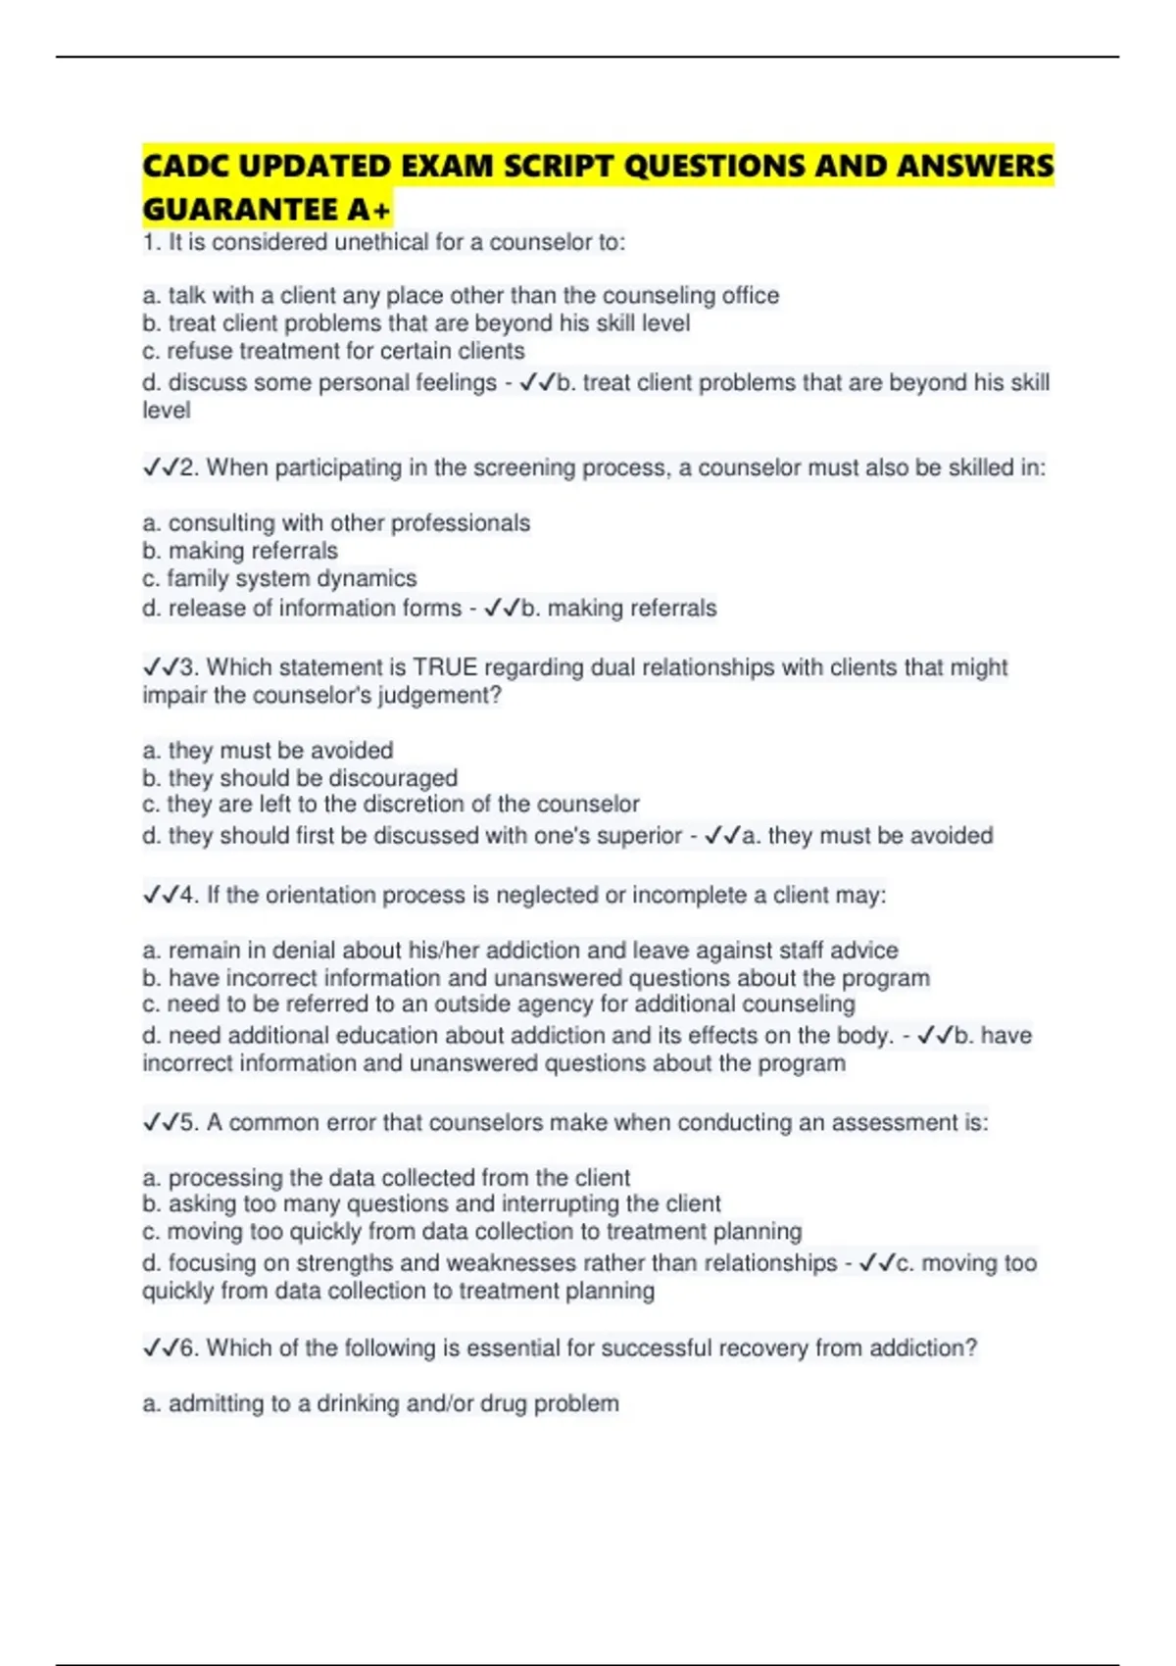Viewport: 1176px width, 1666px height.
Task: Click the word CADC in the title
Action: (185, 166)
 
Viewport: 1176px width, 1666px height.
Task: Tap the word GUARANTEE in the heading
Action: (240, 210)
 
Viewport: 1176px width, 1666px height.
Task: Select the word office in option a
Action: (750, 295)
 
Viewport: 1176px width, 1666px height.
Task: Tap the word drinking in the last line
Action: (358, 1403)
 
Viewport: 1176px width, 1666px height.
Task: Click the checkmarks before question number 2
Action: (160, 468)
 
